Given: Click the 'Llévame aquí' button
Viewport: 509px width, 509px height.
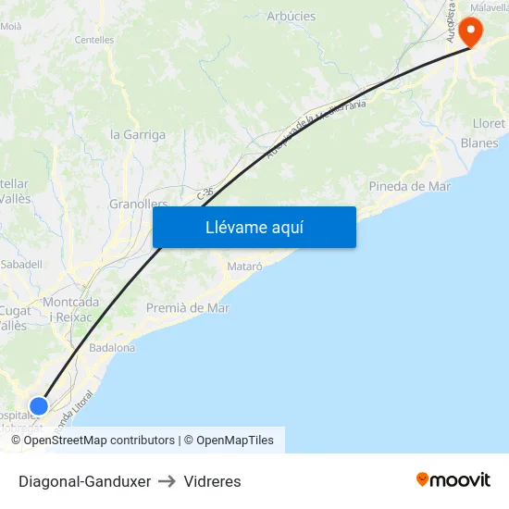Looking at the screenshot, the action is point(254,228).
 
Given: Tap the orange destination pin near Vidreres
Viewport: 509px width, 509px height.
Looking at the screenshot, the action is point(470,32).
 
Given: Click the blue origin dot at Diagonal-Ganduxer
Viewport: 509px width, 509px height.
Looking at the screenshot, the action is point(39,405).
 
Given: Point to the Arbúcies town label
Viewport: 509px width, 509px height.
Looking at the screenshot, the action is point(291,17).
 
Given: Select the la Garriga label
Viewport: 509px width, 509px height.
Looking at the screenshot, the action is point(138,134).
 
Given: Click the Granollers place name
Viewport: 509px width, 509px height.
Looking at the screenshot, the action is point(138,204).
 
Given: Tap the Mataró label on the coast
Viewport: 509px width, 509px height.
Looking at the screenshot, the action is point(245,267).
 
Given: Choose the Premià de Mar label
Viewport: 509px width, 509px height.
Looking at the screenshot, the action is point(187,308).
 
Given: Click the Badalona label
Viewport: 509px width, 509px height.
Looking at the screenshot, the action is point(112,348).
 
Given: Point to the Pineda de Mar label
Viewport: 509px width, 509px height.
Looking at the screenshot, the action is point(409,186).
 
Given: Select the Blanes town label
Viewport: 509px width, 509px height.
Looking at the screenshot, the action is point(479,143).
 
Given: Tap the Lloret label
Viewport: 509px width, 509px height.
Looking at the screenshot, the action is point(489,124).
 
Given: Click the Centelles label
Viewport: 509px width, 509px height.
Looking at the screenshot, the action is point(94,41).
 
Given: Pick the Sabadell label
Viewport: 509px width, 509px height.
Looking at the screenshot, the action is point(21,264).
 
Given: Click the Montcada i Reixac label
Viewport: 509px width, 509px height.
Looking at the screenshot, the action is point(70,309).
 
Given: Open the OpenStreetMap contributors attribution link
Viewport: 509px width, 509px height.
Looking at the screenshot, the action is point(99,441).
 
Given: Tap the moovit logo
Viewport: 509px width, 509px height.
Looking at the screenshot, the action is point(453,480).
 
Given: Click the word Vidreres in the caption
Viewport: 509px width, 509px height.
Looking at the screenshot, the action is point(212,481).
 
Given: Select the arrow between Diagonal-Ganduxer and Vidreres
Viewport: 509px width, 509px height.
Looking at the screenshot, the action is point(168,481).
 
